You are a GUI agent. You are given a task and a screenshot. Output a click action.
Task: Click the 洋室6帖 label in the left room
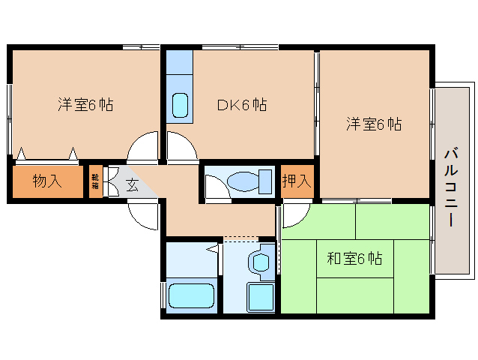85,105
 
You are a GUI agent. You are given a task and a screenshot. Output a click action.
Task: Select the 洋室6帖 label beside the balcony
373,124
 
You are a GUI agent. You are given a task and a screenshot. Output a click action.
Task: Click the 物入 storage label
46,182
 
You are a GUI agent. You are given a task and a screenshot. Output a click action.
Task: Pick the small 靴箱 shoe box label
95,182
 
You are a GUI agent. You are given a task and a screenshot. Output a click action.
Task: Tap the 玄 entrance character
132,185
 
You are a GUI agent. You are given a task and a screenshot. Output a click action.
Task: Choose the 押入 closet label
296,181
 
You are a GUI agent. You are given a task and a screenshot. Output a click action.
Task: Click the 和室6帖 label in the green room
354,259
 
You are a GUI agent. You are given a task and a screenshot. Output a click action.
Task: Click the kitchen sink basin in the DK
180,106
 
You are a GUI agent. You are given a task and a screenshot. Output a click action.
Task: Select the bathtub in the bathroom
191,295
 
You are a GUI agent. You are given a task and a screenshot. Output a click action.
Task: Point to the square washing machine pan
260,297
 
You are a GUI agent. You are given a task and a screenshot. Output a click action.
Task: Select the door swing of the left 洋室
144,148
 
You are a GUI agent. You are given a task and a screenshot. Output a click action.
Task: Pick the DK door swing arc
180,148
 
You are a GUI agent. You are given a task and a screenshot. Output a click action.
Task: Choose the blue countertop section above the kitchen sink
180,62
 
